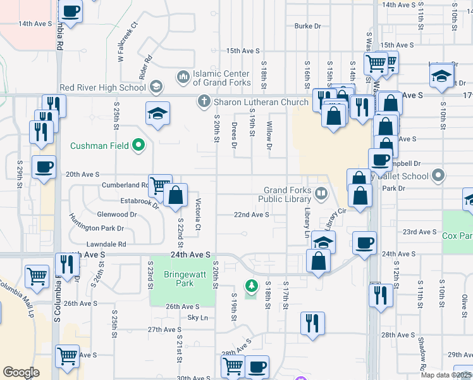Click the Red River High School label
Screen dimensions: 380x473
pos(102,87)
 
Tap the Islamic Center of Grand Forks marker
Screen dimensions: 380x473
pos(183,77)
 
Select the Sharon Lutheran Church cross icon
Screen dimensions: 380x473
pos(204,101)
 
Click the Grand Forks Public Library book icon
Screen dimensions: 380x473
pos(322,193)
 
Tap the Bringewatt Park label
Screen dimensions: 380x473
pos(178,279)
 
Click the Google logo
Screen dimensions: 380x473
pos(21,372)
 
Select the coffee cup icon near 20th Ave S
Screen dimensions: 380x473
pos(44,167)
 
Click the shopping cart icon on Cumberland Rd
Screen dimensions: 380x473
pos(160,186)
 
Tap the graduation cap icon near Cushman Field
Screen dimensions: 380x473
pos(157,113)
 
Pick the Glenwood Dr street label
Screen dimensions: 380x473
pos(116,215)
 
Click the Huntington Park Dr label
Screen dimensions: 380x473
pos(97,228)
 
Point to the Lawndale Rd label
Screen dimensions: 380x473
pos(108,244)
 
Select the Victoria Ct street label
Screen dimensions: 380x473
pos(198,215)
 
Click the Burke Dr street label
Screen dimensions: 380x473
pos(308,26)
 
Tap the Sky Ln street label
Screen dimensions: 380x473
pos(197,317)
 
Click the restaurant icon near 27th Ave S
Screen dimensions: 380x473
pos(313,323)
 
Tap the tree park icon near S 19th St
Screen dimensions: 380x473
pos(252,287)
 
